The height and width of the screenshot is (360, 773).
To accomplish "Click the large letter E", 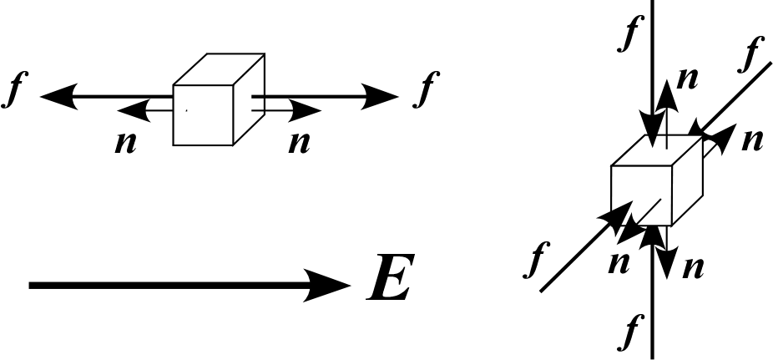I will click(x=390, y=283).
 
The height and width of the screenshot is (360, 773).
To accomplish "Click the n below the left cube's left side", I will click(x=125, y=142).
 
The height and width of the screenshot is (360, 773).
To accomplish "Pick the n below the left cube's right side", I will click(x=298, y=142).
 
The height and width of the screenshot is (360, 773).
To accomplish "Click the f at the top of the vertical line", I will click(x=628, y=33).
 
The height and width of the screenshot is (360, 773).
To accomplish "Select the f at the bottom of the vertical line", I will click(x=629, y=332).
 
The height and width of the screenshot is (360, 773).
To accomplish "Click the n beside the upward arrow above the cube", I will click(x=687, y=78).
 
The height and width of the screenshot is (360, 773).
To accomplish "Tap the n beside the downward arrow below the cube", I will click(x=693, y=267).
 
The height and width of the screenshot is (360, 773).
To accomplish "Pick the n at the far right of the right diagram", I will click(x=752, y=139).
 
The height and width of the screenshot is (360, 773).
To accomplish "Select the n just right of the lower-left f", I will click(x=618, y=262).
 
